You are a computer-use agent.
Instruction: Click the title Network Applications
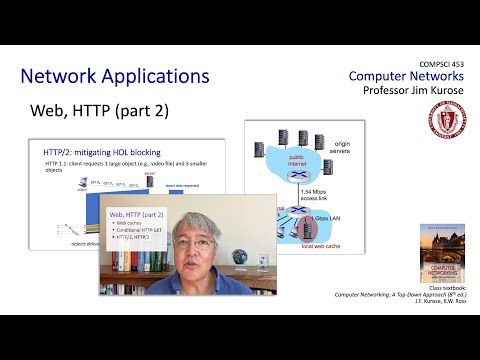[x=115, y=76]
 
